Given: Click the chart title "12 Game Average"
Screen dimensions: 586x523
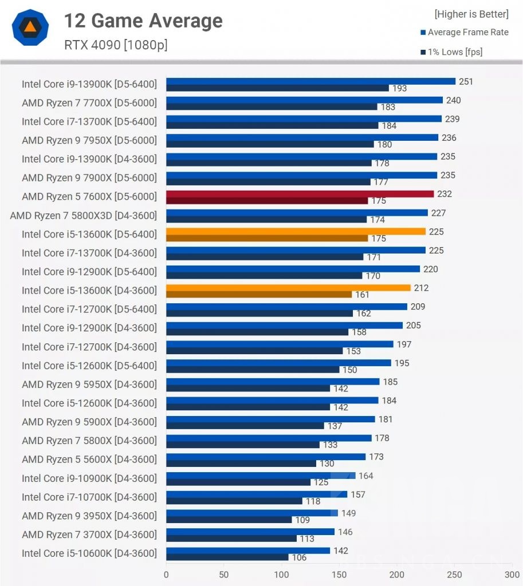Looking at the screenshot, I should (x=143, y=21).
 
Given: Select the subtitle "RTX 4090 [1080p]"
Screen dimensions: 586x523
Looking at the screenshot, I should (x=116, y=44).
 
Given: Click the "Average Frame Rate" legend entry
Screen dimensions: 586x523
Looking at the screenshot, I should (x=467, y=32).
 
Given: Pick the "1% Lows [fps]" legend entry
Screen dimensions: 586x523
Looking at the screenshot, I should (x=455, y=52).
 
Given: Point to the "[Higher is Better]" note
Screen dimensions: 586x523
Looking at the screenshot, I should (x=471, y=14).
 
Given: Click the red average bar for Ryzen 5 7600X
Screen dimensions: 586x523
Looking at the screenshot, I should (x=300, y=194).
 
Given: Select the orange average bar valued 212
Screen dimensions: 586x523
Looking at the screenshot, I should (x=288, y=288).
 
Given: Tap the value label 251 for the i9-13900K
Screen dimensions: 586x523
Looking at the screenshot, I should (x=466, y=81).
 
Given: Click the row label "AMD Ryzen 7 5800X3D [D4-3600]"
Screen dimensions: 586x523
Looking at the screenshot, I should (x=83, y=215).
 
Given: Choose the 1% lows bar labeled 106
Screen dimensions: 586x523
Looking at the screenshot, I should (x=227, y=557).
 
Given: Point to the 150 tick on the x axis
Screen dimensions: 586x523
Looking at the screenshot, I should (x=339, y=574).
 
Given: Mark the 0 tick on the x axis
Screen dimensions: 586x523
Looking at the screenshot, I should (x=167, y=574).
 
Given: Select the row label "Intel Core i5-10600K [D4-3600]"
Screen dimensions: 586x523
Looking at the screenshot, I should (x=89, y=553).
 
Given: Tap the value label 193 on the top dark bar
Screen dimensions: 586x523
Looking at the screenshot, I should (x=399, y=88).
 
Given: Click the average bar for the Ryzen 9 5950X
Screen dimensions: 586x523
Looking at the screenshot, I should (x=273, y=382).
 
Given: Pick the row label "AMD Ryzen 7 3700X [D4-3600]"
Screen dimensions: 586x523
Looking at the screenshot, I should (x=89, y=534).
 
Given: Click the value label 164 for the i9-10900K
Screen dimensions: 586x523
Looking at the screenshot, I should (x=365, y=476).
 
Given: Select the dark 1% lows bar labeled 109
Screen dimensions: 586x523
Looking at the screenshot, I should (x=229, y=520).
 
